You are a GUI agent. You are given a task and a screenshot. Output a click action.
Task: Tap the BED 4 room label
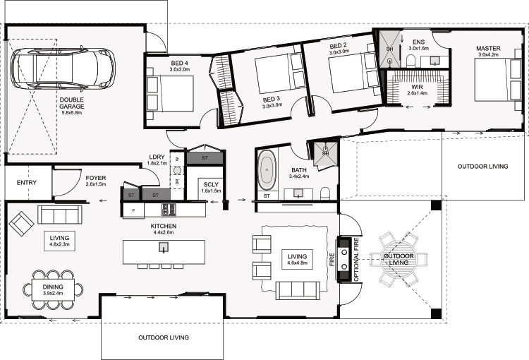(x=179, y=63)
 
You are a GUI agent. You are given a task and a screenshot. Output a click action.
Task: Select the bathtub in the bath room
(x=267, y=169)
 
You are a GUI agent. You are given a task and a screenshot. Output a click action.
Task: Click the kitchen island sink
(x=164, y=248)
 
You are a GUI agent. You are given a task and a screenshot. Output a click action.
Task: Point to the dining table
(x=53, y=289)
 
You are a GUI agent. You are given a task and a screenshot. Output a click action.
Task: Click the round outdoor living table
(x=399, y=259)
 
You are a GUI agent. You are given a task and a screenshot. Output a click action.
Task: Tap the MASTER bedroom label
(x=488, y=48)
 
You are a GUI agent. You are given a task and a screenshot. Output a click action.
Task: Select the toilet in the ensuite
(x=411, y=61)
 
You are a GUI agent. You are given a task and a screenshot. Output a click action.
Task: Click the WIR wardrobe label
(x=417, y=87)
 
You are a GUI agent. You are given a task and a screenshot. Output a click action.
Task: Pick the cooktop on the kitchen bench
(x=169, y=210)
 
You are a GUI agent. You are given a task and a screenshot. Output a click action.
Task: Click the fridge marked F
(x=133, y=210)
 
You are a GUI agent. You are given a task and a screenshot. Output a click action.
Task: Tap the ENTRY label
(x=27, y=183)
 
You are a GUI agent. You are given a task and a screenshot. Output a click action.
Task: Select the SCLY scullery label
(x=211, y=184)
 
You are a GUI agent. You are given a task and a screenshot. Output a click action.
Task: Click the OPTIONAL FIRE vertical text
(x=357, y=260)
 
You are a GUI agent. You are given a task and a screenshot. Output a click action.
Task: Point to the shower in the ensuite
(x=389, y=49)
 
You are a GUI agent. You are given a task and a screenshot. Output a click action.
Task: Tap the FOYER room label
(x=96, y=178)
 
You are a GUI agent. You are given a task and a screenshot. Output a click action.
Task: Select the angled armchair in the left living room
(x=21, y=224)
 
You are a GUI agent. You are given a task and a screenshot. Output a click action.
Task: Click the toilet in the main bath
(x=326, y=193)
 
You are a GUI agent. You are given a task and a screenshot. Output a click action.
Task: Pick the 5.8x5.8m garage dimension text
(x=72, y=113)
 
